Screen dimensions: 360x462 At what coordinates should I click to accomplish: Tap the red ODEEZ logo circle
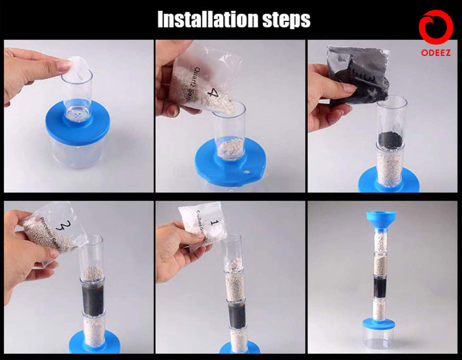coord(436,27)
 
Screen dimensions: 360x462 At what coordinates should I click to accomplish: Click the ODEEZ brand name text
coord(436,53)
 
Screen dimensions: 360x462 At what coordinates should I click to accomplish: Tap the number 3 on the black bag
coord(373,79)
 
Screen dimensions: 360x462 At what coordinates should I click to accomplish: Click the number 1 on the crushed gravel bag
coord(214,223)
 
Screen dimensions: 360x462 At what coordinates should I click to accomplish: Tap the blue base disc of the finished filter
coord(379,324)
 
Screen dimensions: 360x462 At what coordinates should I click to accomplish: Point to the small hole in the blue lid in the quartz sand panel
coord(246,171)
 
